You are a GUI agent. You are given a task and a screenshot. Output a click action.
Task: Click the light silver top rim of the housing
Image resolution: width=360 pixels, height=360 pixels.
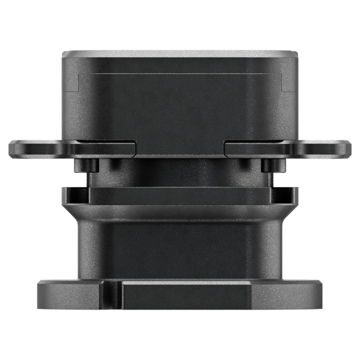(180, 53)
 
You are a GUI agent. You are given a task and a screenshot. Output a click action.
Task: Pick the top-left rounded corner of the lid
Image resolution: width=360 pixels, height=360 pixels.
(64, 54)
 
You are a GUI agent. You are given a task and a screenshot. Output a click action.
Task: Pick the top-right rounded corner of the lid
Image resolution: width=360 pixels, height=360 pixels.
(296, 54)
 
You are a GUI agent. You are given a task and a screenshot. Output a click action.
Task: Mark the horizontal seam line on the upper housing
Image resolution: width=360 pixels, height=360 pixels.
(180, 71)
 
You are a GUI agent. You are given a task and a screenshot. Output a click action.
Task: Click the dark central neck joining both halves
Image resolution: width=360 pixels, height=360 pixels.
(180, 171)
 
